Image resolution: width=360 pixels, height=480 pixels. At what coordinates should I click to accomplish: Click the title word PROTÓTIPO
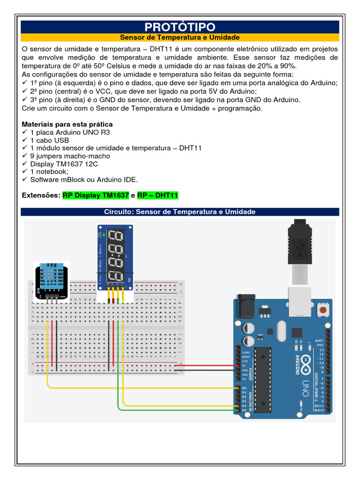tap(180, 27)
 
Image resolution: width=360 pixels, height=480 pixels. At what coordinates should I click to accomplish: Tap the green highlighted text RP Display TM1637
tap(96, 195)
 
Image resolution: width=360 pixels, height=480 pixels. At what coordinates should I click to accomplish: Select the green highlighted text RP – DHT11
tap(157, 195)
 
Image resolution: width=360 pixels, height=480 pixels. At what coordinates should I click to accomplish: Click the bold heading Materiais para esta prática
tap(67, 124)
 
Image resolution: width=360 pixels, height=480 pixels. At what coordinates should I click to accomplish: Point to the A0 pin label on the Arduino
tap(244, 389)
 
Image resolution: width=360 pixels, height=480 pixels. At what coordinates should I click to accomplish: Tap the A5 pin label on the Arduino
tap(244, 410)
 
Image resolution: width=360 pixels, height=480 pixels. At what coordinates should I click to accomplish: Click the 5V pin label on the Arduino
tap(244, 366)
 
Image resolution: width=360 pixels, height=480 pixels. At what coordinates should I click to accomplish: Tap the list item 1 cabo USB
tap(49, 140)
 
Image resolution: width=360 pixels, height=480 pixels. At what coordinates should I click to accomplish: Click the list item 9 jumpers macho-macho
tap(70, 156)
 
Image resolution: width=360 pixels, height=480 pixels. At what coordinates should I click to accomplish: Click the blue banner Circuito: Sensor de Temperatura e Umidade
tap(180, 212)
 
